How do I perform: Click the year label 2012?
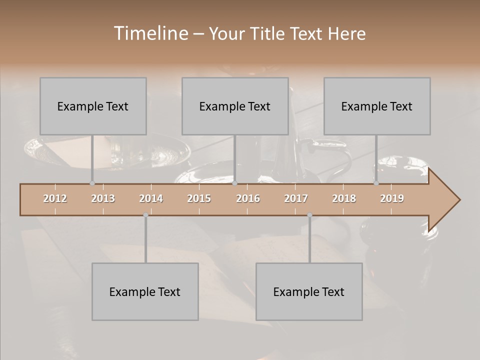coord(55,198)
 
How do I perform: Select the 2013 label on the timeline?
coord(103,198)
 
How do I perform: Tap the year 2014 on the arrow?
coord(151,198)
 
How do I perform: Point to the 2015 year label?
coord(199,198)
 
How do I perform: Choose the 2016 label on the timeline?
coord(248,198)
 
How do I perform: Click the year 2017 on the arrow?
coord(296,198)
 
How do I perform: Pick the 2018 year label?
coord(344,198)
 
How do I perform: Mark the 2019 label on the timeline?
coord(392,198)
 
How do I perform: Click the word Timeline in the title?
coord(150,33)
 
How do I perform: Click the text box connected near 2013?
coord(93,106)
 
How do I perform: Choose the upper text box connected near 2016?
coord(235,106)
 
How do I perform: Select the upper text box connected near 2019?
coord(377,106)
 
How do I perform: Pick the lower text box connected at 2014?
coord(145,291)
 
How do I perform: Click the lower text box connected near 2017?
coord(309,291)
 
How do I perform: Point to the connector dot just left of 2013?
coord(92,183)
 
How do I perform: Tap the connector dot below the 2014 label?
coord(145,215)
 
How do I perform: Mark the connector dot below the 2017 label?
coord(309,215)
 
